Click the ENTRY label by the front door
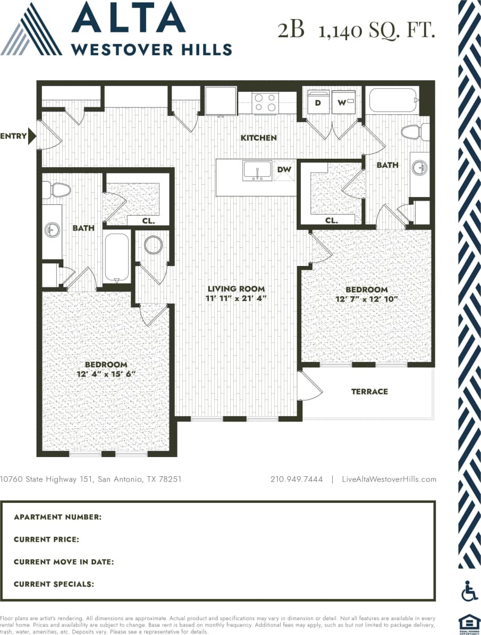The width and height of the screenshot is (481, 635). (x=13, y=136)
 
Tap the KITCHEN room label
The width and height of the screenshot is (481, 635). (x=259, y=138)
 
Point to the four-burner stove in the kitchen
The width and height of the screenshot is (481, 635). (x=265, y=102)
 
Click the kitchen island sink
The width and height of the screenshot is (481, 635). (x=257, y=170)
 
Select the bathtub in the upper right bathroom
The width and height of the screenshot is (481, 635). (x=393, y=100)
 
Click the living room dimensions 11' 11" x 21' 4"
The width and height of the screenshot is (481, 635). (x=236, y=298)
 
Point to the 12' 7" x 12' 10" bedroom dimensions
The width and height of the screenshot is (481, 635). (x=367, y=299)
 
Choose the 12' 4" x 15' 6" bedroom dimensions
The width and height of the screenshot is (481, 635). (x=106, y=374)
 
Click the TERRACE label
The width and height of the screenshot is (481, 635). (x=369, y=391)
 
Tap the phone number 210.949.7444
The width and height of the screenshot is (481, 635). (x=297, y=479)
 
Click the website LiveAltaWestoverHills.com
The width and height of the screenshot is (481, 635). (x=390, y=479)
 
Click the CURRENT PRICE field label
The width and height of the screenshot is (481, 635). (x=47, y=539)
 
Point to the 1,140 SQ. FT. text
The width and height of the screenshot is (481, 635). (x=376, y=30)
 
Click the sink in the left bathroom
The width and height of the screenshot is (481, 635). (x=52, y=230)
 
